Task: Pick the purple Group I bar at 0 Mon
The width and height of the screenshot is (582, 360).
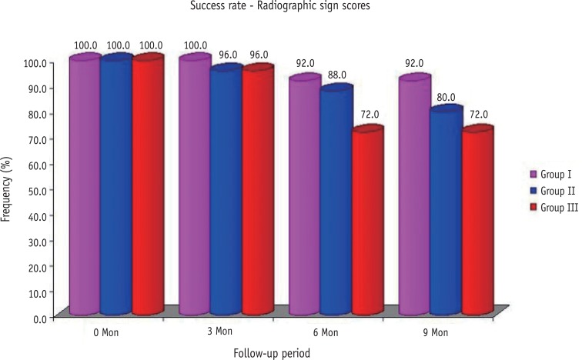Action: [85, 185]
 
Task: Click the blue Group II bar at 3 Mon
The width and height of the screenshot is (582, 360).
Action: [226, 192]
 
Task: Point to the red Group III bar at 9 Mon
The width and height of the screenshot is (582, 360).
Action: [477, 223]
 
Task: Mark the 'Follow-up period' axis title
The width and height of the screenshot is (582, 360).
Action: [273, 353]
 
